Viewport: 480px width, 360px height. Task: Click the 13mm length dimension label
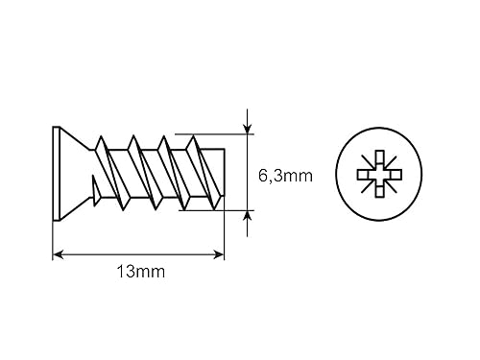click(141, 272)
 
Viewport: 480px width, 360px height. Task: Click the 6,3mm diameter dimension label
click(285, 176)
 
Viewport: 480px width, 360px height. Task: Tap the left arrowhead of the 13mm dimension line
click(58, 254)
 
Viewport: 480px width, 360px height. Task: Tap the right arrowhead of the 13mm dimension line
click(219, 254)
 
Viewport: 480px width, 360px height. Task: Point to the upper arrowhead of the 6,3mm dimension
click(247, 129)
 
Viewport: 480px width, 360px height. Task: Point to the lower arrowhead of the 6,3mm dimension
click(247, 216)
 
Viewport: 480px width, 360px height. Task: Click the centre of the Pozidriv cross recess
click(379, 175)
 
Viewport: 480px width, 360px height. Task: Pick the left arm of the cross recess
click(364, 175)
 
